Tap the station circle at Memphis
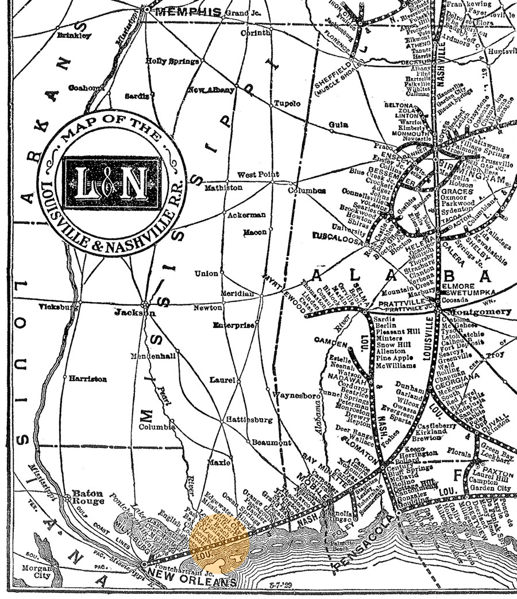click(147, 10)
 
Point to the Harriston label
click(88, 379)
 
